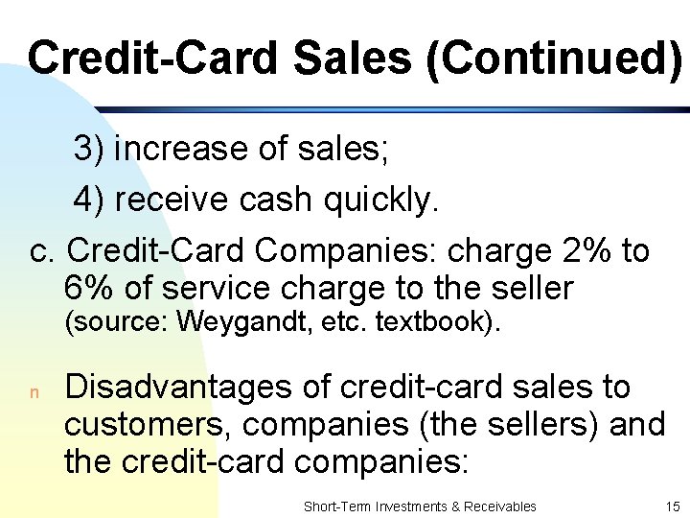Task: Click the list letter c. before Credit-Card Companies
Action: [44, 251]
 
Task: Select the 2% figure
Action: [584, 251]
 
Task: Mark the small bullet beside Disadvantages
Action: [34, 392]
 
